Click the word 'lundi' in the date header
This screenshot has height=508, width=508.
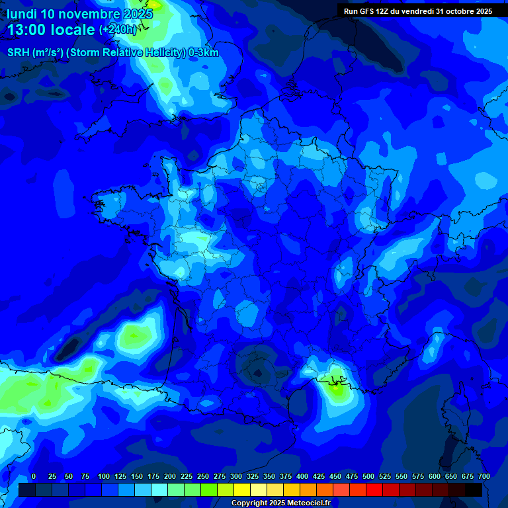[21, 14]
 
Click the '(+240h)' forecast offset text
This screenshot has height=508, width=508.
[118, 30]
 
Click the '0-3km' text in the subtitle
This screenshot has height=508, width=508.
[204, 53]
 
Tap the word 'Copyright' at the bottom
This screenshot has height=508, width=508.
[250, 503]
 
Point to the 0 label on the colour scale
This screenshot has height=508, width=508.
[34, 477]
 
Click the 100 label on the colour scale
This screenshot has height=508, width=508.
[104, 477]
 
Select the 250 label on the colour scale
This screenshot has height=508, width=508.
[203, 477]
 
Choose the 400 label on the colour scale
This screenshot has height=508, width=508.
[302, 477]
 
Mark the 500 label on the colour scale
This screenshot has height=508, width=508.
[368, 477]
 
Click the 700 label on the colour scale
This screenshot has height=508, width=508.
[484, 477]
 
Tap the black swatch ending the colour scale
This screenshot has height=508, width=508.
[474, 490]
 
